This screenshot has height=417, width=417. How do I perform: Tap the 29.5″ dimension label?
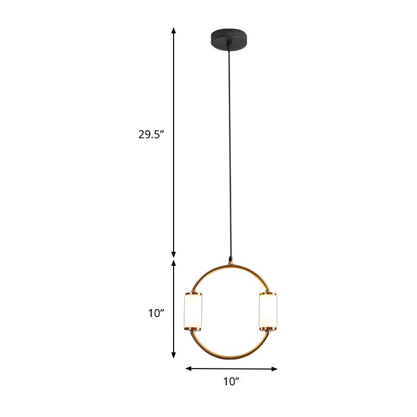(151, 134)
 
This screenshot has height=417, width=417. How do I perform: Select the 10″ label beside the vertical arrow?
(156, 313)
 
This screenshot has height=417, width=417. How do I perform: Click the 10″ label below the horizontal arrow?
(231, 382)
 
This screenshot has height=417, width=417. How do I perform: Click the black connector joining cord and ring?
(230, 259)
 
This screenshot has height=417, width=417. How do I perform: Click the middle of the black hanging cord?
(229, 151)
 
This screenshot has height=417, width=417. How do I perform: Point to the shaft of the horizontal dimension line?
(231, 369)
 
